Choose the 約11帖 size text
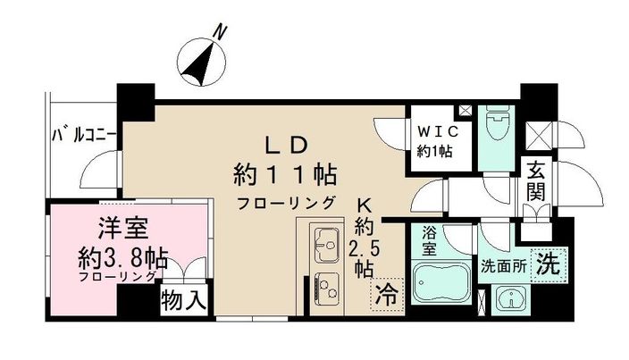[x=285, y=172]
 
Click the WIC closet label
[x=437, y=130]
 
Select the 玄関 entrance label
[x=537, y=178]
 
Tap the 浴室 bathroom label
[x=430, y=241]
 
